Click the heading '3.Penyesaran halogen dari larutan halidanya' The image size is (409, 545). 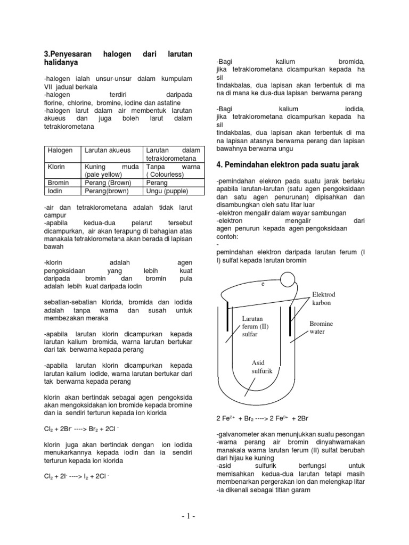pos(117,59)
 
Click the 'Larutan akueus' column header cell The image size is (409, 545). pos(107,151)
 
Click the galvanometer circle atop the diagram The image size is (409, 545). pos(288,277)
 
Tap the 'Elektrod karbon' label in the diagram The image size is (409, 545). pos(323,299)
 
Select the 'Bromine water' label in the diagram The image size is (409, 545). pos(321,327)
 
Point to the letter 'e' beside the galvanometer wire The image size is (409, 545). pos(263,284)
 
